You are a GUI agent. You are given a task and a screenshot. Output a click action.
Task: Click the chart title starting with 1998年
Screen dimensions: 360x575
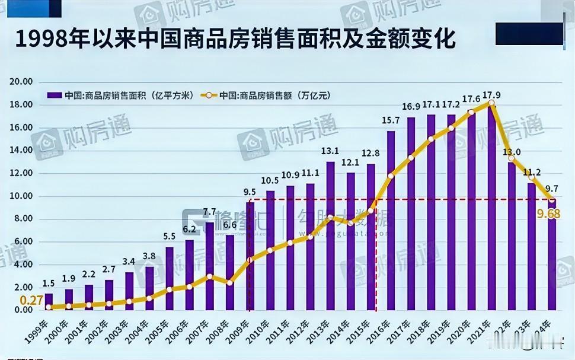[x=235, y=40]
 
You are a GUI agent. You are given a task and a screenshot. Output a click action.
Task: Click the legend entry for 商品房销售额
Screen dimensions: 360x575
[x=270, y=95]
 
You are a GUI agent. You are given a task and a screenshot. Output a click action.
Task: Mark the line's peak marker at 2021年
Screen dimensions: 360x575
[x=491, y=103]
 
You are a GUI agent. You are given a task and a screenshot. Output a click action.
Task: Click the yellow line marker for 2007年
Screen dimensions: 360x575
[x=210, y=276]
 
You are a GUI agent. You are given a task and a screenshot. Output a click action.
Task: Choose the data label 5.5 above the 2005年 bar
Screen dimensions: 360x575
[x=170, y=236]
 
